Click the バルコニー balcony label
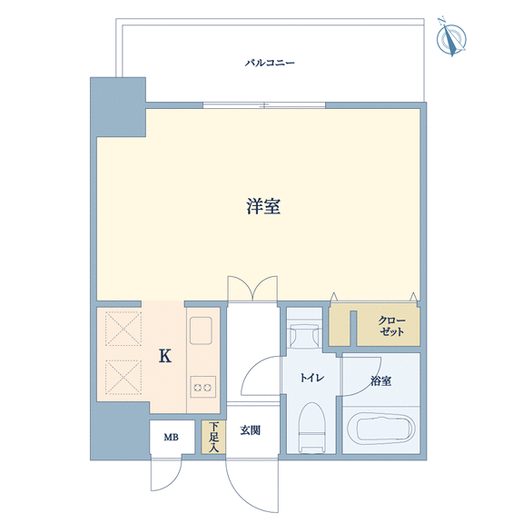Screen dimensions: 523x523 (x=270, y=63)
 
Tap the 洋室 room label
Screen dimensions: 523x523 (x=263, y=206)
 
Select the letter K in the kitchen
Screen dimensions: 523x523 (x=165, y=356)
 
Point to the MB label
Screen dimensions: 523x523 (x=171, y=437)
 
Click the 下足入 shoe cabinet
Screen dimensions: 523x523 (x=213, y=437)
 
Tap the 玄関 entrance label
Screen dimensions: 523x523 (x=251, y=430)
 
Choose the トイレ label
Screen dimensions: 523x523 (x=311, y=378)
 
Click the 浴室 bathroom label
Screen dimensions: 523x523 (x=380, y=380)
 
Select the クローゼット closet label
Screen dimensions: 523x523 (x=391, y=326)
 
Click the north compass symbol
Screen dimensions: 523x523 (x=451, y=38)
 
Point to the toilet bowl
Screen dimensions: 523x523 (x=311, y=428)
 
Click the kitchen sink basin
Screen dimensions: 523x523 (x=202, y=331)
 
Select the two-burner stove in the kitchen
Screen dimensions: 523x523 (x=202, y=387)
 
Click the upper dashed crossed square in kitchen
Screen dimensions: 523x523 (x=123, y=329)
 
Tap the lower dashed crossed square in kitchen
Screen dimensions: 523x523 (x=123, y=377)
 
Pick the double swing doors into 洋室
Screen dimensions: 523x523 (x=252, y=289)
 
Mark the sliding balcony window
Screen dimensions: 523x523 (x=264, y=105)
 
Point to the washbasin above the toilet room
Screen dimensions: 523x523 (x=305, y=334)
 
